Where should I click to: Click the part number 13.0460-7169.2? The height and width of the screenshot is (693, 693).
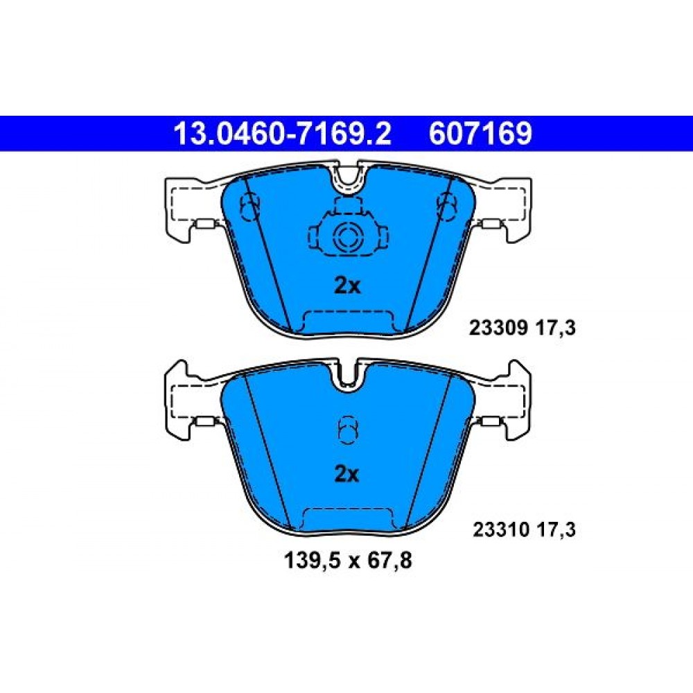coord(283,134)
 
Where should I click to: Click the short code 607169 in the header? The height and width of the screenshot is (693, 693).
coord(480,134)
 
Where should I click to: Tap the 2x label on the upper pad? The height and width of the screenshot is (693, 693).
coord(347,286)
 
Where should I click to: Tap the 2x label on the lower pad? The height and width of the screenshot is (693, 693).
coord(347,474)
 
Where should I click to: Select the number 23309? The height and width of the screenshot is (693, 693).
coord(498,328)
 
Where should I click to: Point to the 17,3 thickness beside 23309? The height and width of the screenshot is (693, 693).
coord(556,328)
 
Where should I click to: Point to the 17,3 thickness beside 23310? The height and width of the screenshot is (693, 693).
coord(556,529)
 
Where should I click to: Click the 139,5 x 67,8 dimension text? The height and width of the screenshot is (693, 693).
coord(348,561)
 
